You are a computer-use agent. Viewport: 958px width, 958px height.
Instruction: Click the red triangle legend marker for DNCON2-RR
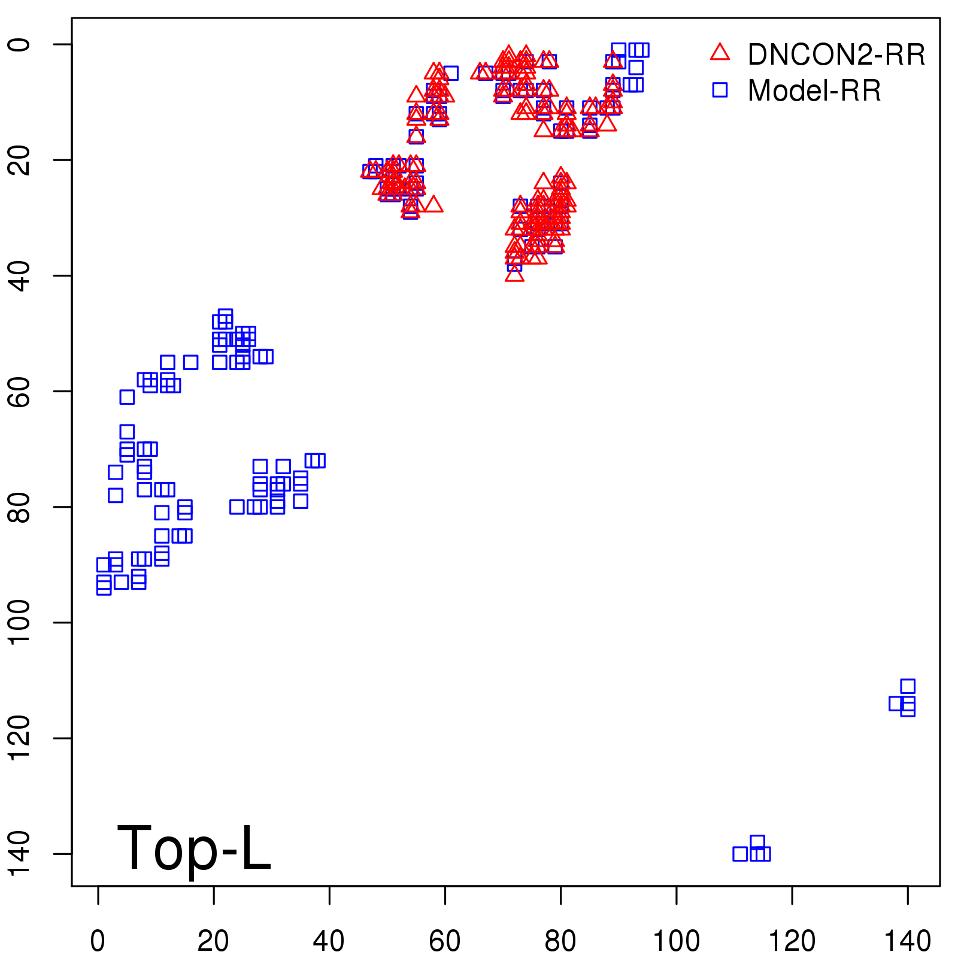(720, 53)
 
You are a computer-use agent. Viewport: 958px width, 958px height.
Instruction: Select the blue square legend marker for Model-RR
(720, 90)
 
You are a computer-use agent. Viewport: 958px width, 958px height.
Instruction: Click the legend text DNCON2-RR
(836, 55)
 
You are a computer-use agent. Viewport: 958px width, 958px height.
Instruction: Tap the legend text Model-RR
(814, 91)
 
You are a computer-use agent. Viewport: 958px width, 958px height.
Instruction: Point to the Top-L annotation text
(193, 848)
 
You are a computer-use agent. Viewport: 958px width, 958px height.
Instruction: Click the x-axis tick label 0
(98, 941)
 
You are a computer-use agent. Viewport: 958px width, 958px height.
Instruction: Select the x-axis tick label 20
(213, 941)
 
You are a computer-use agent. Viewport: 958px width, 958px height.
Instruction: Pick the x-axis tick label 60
(445, 941)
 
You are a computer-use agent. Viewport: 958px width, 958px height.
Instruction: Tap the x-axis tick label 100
(676, 941)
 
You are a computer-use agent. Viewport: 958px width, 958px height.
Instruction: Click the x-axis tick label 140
(908, 941)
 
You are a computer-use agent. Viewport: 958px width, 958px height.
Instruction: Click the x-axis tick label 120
(792, 941)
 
